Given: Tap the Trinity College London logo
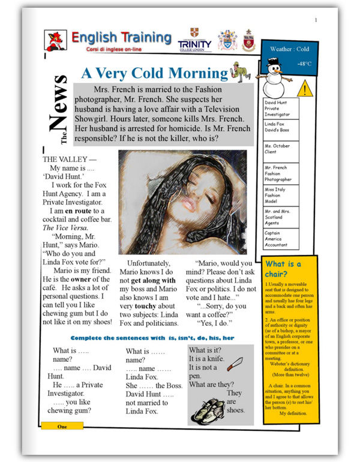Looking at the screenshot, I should point(195,41).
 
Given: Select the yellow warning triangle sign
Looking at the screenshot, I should point(305,89).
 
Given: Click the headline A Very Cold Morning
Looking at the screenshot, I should point(155,73).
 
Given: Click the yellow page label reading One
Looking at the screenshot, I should point(62,426).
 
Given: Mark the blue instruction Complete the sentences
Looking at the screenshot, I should point(152,338).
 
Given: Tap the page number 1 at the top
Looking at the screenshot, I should point(316,21).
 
